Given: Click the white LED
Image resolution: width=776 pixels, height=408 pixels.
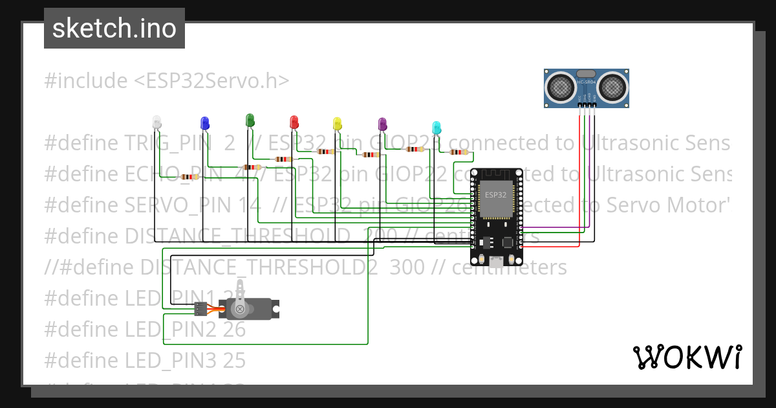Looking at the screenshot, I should [156, 121].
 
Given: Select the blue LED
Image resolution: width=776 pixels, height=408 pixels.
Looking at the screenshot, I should [204, 122].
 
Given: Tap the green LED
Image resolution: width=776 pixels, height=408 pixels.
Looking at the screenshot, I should [250, 119].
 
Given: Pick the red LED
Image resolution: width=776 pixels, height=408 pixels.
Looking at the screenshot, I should [294, 121].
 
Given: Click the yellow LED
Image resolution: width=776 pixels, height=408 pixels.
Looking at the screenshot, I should [336, 123].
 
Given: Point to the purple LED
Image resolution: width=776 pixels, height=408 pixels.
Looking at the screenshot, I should [382, 123].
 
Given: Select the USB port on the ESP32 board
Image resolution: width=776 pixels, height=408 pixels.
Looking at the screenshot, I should [497, 261].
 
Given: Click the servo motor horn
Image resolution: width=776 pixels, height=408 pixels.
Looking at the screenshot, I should [241, 299].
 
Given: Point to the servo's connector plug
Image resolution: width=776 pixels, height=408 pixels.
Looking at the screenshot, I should [200, 309].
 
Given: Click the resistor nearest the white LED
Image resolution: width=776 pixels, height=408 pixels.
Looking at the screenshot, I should [188, 177].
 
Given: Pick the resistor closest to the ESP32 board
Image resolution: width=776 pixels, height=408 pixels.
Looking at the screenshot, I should [458, 153].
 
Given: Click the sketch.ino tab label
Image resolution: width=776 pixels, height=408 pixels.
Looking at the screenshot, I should [114, 28].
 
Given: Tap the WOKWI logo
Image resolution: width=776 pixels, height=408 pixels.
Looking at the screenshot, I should [687, 357].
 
